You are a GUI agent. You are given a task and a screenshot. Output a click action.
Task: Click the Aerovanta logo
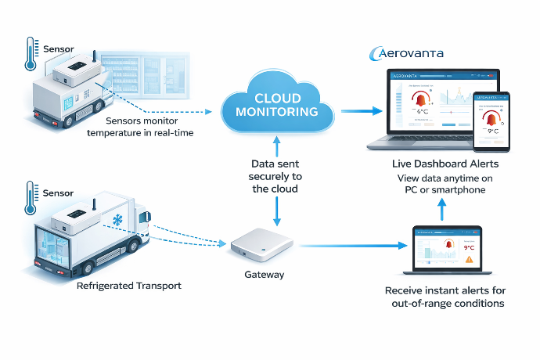pyautogui.click(x=405, y=54)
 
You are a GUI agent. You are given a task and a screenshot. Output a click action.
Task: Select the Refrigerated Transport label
pyautogui.click(x=129, y=286)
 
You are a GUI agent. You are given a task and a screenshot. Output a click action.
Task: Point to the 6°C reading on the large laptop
pyautogui.click(x=423, y=111)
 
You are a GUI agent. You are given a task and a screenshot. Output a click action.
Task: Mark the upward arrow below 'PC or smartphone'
pyautogui.click(x=441, y=208)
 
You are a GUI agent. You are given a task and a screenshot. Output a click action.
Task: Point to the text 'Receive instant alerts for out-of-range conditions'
pyautogui.click(x=444, y=297)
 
